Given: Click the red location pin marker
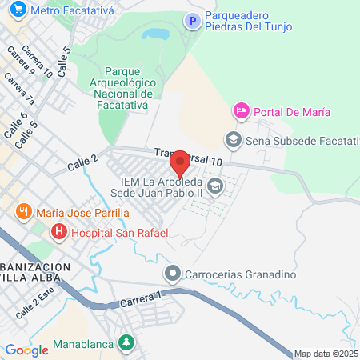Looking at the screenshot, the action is click(181, 162).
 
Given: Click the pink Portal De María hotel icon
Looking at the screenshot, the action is click(240, 110).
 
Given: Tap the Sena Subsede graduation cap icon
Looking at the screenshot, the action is click(233, 139).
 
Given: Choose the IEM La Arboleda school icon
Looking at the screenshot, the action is click(214, 186).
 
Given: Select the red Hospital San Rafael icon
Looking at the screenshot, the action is click(58, 233).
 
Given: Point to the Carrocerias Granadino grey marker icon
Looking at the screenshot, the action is click(172, 274).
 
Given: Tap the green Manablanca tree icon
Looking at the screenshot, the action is click(126, 342).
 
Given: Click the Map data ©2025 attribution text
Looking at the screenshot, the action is click(326, 354).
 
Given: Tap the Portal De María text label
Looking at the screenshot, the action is click(291, 111).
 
